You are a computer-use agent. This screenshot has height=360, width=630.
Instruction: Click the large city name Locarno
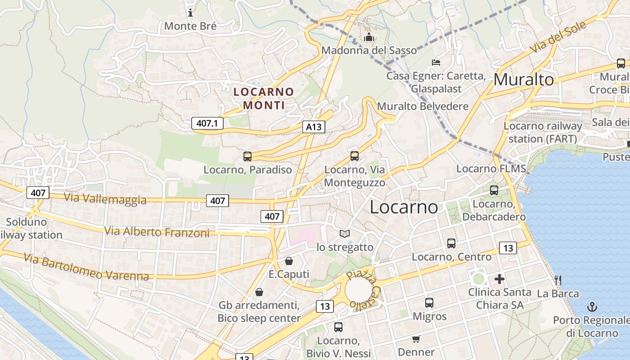pos(404,207)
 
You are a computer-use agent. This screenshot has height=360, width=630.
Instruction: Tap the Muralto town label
pos(523,80)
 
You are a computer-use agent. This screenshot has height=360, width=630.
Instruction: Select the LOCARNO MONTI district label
pos(264,99)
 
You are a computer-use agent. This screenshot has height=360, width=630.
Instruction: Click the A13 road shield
pos(314,127)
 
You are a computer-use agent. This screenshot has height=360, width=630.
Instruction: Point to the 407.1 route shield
pos(207,123)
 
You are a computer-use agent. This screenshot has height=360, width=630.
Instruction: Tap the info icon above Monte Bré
pos(190,13)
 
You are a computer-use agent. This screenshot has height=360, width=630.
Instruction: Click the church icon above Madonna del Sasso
pos(369,37)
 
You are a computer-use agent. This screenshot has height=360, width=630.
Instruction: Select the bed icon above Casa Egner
pos(436,63)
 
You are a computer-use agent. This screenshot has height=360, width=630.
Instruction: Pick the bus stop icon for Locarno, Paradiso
pos(247,157)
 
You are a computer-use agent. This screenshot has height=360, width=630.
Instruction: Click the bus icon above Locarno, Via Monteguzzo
pos(355,156)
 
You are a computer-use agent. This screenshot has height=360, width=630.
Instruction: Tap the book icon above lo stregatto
pos(345,234)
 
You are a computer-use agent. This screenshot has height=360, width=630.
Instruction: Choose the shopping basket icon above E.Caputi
pos(289,261)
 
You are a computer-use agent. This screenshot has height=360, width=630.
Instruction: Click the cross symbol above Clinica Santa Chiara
pos(499,279)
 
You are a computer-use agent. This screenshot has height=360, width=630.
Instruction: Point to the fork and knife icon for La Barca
pos(558,280)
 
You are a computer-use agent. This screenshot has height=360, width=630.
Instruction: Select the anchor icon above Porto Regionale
pos(592,307)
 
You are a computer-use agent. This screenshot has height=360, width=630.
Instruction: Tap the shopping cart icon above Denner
pos(416,339)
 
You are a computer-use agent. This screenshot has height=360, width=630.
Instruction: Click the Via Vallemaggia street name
pos(105,198)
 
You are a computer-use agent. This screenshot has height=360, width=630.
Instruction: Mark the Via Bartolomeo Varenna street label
pos(86,267)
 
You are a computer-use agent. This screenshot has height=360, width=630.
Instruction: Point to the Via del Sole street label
pos(558,37)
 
